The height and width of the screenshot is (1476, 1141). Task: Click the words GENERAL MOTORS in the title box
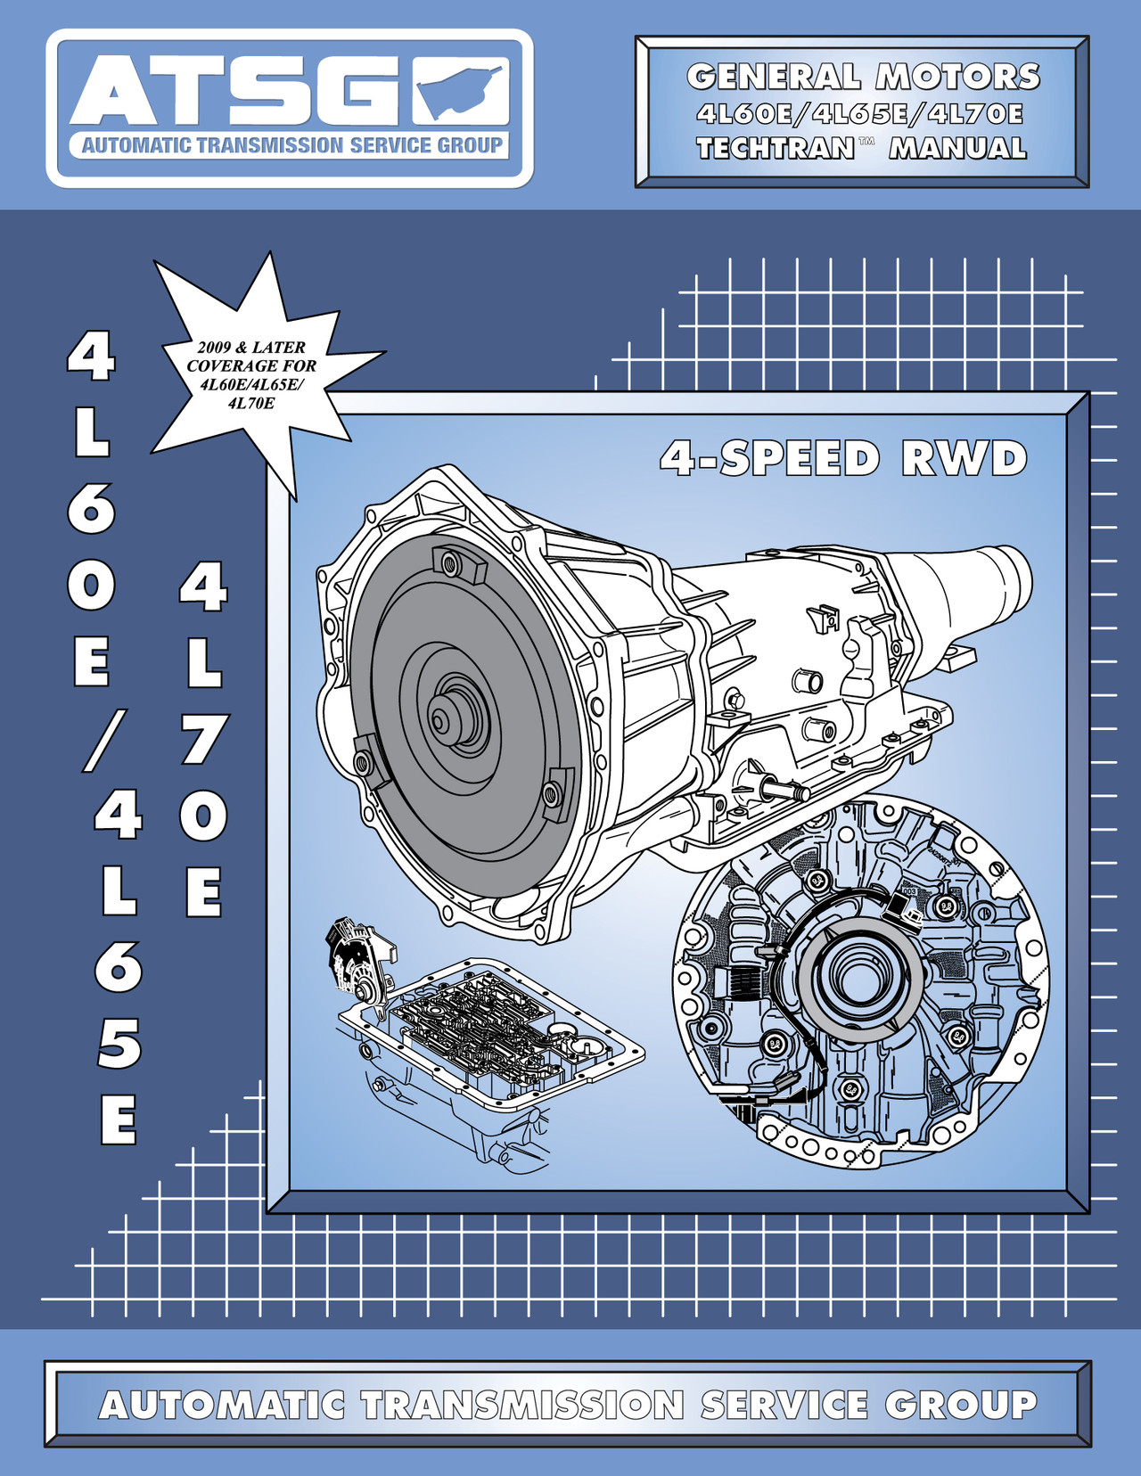(863, 77)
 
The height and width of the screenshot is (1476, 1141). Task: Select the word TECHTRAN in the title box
(776, 148)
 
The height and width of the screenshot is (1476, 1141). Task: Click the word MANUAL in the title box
(957, 148)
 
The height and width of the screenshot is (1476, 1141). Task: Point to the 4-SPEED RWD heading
(843, 459)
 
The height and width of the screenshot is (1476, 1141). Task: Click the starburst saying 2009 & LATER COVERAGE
(251, 374)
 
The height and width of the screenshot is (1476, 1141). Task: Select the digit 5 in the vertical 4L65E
(118, 1043)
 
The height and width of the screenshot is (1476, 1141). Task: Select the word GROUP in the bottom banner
(961, 1406)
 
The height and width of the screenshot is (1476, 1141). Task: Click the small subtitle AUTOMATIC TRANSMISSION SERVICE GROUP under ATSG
(291, 145)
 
